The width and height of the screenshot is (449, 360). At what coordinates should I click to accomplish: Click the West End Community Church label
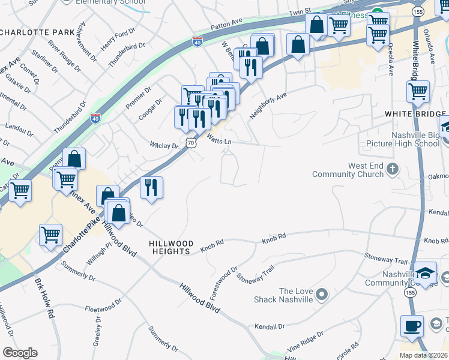tap(348, 170)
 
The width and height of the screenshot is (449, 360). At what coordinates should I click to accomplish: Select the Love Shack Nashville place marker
tap(321, 294)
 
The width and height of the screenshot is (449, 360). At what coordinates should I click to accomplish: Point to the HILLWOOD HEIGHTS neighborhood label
tap(171, 247)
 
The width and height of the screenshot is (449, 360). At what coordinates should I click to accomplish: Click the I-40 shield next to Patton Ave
tap(197, 41)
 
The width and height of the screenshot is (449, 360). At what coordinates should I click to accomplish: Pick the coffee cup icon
tap(412, 325)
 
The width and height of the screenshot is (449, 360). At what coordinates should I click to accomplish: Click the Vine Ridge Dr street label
tap(304, 341)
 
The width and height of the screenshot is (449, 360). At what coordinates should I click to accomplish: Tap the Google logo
tap(20, 353)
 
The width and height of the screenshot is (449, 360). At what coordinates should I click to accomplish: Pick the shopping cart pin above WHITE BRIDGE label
tap(417, 92)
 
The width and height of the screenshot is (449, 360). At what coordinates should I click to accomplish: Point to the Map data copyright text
tap(424, 355)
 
